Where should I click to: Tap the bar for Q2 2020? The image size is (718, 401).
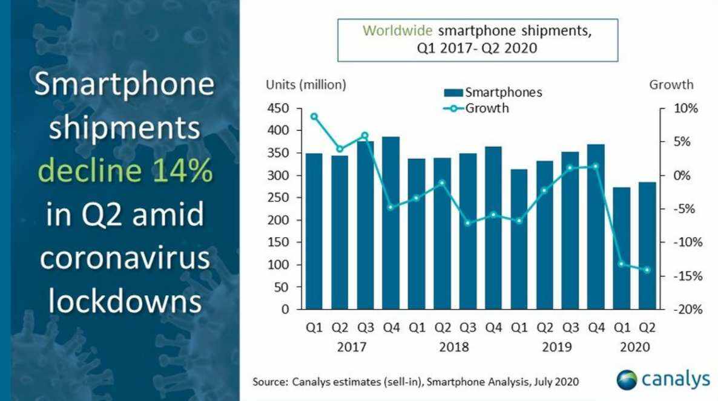tap(647, 246)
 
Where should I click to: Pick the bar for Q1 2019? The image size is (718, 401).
tap(519, 239)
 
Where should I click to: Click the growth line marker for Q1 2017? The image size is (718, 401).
tap(314, 116)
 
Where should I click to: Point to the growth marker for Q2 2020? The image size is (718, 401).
tap(647, 270)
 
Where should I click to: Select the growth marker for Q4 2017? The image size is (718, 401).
tap(390, 207)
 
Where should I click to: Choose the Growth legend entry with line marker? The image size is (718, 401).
tap(476, 109)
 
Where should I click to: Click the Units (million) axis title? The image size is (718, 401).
tap(306, 85)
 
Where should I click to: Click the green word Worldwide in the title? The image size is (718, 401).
tap(397, 31)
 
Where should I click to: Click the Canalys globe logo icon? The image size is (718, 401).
tap(627, 380)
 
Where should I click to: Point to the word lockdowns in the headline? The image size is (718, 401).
tap(124, 301)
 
